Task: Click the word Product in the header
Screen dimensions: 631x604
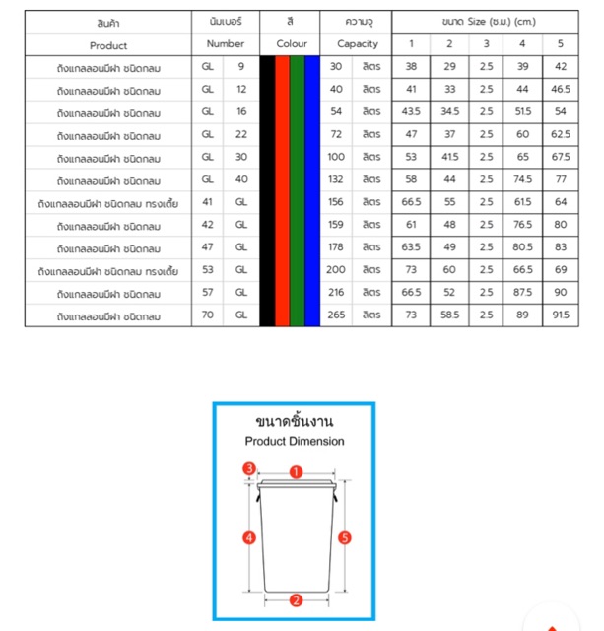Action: [108, 44]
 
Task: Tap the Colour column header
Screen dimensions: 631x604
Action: [291, 44]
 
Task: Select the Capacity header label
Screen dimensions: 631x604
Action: [357, 44]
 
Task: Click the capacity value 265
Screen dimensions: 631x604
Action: [337, 315]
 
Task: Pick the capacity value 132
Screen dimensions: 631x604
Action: [337, 178]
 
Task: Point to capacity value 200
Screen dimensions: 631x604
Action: [337, 269]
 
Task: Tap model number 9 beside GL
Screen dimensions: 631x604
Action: [241, 66]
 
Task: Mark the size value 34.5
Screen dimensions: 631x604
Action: [449, 111]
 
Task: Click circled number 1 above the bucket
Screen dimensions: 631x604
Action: [296, 472]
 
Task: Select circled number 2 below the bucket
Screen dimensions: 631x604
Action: [295, 599]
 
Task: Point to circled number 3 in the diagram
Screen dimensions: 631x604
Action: [250, 468]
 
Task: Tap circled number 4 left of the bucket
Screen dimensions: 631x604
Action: [249, 537]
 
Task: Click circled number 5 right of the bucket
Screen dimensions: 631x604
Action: [344, 537]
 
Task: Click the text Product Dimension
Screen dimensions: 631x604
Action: [295, 442]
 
